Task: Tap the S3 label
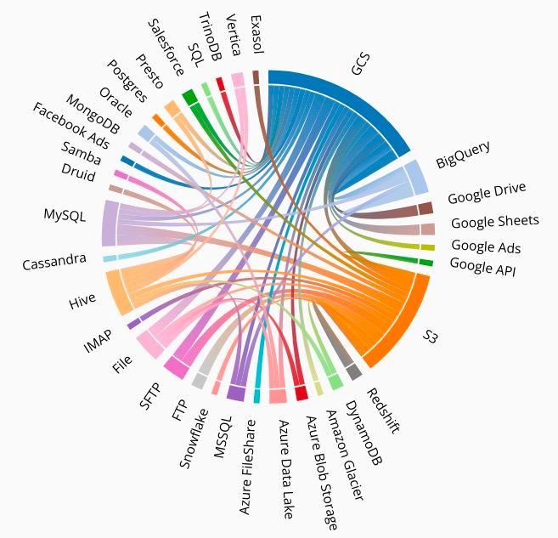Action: click(432, 337)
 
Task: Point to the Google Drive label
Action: click(487, 193)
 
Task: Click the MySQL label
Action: click(65, 215)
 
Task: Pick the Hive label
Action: click(82, 299)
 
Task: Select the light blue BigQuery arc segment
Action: click(415, 177)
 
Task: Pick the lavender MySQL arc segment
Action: click(109, 224)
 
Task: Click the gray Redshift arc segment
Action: click(354, 371)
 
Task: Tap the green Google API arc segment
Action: click(426, 263)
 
